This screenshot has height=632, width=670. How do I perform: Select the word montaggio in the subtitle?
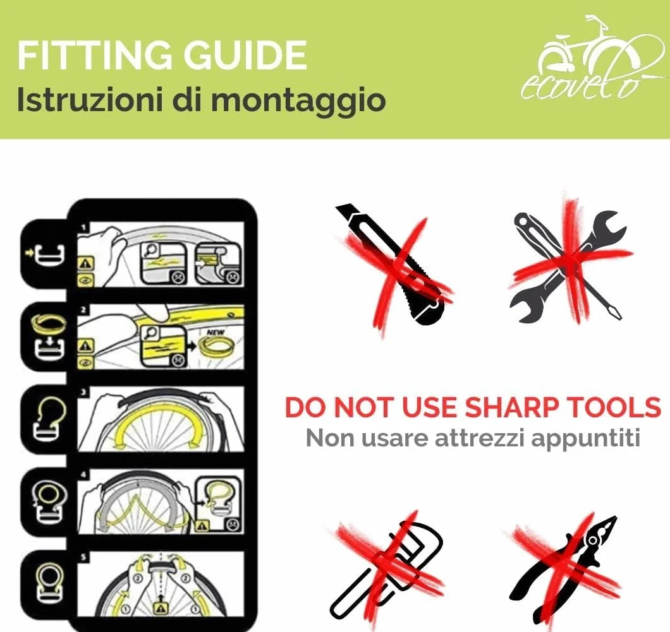pos(298,100)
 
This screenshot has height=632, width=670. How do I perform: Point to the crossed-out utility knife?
pos(393,265)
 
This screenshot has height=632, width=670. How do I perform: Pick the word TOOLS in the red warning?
pos(613,407)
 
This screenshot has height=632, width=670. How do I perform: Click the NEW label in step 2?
pos(215,332)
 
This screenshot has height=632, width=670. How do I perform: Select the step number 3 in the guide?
pos(83,391)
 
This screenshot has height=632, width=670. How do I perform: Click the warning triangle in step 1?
pos(85,263)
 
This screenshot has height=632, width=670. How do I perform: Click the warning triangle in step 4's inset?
pos(203,525)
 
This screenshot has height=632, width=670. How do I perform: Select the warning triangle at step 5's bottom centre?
pos(161,607)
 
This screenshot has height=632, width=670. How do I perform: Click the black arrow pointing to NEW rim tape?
pos(192,343)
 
